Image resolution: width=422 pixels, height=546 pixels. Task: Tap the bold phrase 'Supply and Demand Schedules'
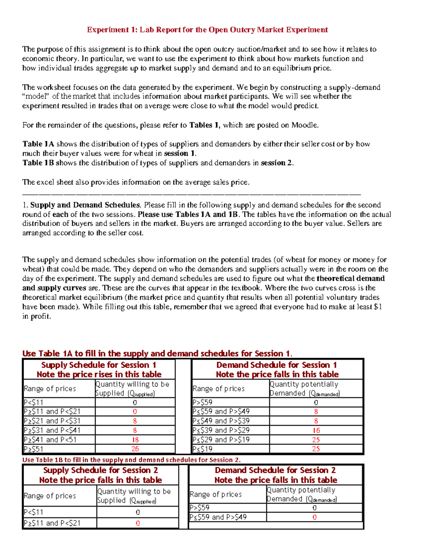pyautogui.click(x=85, y=205)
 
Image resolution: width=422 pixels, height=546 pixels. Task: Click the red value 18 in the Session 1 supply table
pyautogui.click(x=135, y=440)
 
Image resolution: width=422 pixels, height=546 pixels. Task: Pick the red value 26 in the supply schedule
pyautogui.click(x=135, y=449)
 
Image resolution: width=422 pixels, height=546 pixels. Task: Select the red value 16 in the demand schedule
pyautogui.click(x=316, y=430)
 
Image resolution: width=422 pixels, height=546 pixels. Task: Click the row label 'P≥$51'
pyautogui.click(x=33, y=449)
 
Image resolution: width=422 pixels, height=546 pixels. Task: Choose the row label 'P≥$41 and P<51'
pyautogui.click(x=50, y=440)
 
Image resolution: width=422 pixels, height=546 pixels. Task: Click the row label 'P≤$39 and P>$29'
pyautogui.click(x=221, y=430)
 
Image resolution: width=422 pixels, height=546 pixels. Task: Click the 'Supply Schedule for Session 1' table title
pyautogui.click(x=99, y=365)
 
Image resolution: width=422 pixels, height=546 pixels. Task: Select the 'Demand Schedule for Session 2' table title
pyautogui.click(x=275, y=470)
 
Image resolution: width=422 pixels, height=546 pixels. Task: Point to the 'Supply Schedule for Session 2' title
pyautogui.click(x=101, y=470)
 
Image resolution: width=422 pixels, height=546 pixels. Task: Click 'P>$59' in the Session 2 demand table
pyautogui.click(x=199, y=508)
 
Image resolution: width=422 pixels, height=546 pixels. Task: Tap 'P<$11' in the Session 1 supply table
pyautogui.click(x=33, y=403)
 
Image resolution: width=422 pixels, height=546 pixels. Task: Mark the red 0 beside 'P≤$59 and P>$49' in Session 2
pyautogui.click(x=314, y=517)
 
